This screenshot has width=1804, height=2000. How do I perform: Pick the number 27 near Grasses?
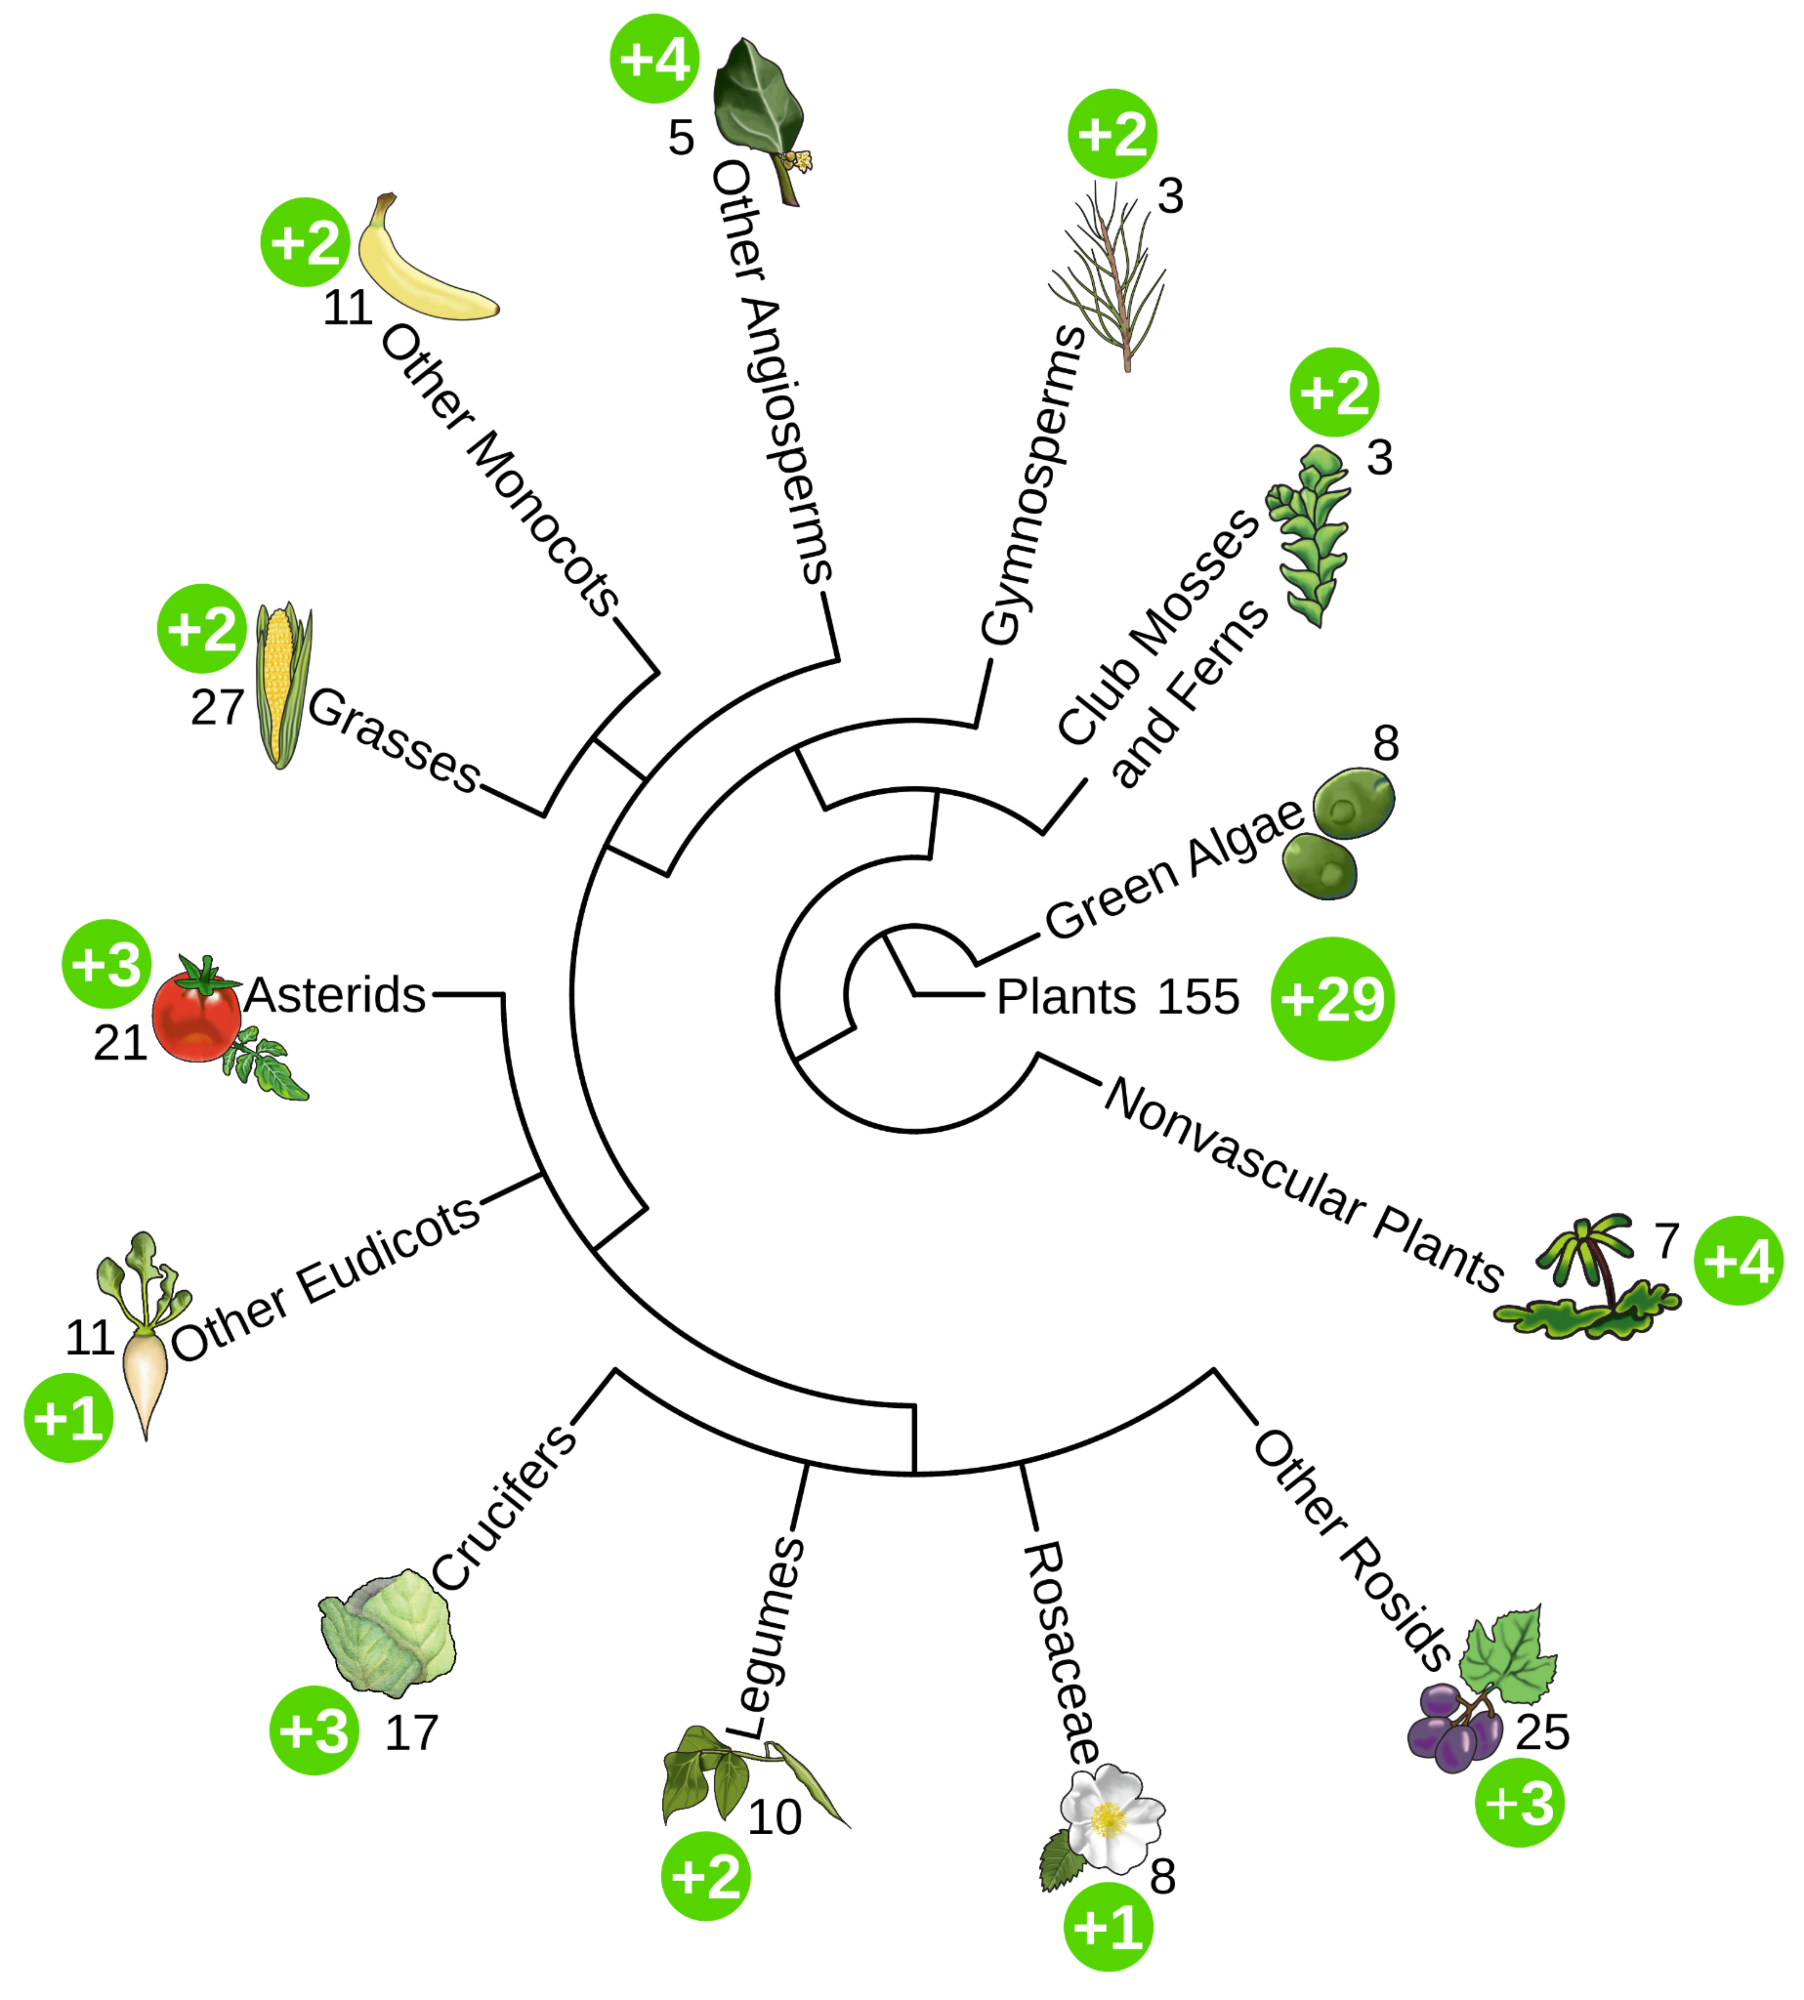pos(217,707)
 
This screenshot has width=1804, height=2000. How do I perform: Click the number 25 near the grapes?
pos(1542,1732)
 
